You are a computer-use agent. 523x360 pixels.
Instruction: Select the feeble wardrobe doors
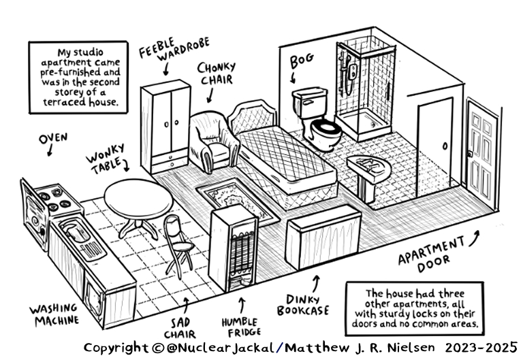[x=165, y=122]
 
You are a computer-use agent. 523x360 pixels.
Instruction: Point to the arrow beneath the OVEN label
[x=50, y=151]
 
